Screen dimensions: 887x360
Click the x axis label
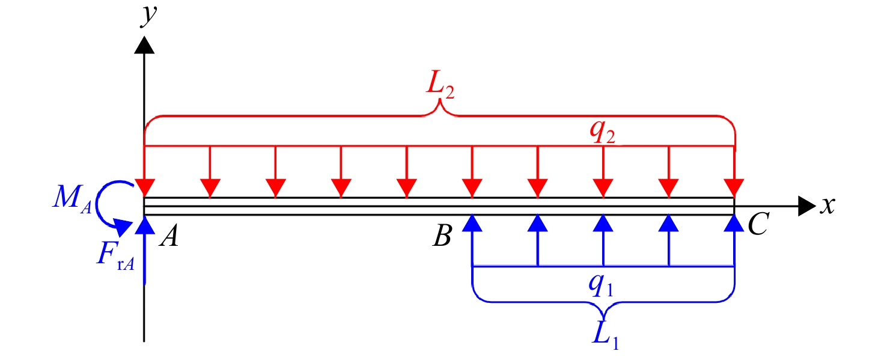[x=828, y=206]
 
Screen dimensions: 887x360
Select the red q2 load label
[x=602, y=132]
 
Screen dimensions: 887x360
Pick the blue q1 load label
[x=601, y=285]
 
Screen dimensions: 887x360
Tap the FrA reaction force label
[x=115, y=256]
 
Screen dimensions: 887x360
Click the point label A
[x=169, y=236]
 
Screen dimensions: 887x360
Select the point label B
[x=442, y=236]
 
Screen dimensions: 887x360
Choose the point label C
[x=758, y=224]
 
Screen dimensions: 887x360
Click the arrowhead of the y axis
[x=144, y=44]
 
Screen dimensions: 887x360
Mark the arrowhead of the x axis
[x=806, y=206]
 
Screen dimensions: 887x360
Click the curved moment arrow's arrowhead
[x=123, y=227]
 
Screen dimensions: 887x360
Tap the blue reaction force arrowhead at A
[x=145, y=224]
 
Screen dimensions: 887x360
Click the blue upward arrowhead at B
[x=472, y=223]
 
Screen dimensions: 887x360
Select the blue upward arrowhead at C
[x=734, y=223]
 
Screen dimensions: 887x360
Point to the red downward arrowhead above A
[x=145, y=188]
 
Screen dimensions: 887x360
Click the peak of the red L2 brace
[x=439, y=100]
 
